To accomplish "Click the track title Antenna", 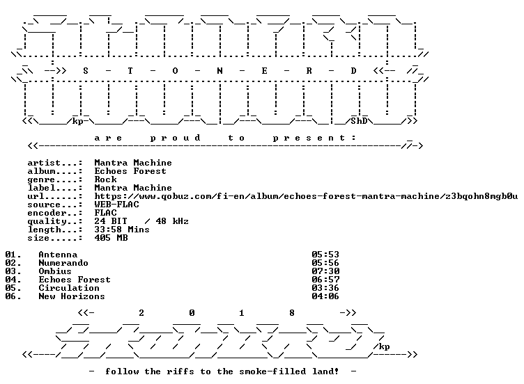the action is (58, 255).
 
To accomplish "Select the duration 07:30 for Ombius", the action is (325, 271).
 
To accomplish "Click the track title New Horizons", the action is (72, 296).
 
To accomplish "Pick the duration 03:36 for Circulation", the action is (325, 288).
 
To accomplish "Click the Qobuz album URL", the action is (306, 196).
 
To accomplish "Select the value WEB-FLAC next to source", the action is (116, 205).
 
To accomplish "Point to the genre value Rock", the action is (106, 179).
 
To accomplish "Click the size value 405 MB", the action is (111, 238).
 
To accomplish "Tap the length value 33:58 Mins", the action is (122, 230).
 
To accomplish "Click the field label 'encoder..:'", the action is (55, 213).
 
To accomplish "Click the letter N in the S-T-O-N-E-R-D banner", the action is (219, 71).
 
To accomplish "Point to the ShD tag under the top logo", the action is (359, 121).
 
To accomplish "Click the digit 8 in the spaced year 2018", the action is (292, 313).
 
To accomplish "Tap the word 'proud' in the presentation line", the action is (176, 138).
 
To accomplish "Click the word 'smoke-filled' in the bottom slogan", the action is (272, 371).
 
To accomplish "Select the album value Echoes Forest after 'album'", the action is (130, 171).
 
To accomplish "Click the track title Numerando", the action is (63, 263).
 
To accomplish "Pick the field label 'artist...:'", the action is (55, 163).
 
